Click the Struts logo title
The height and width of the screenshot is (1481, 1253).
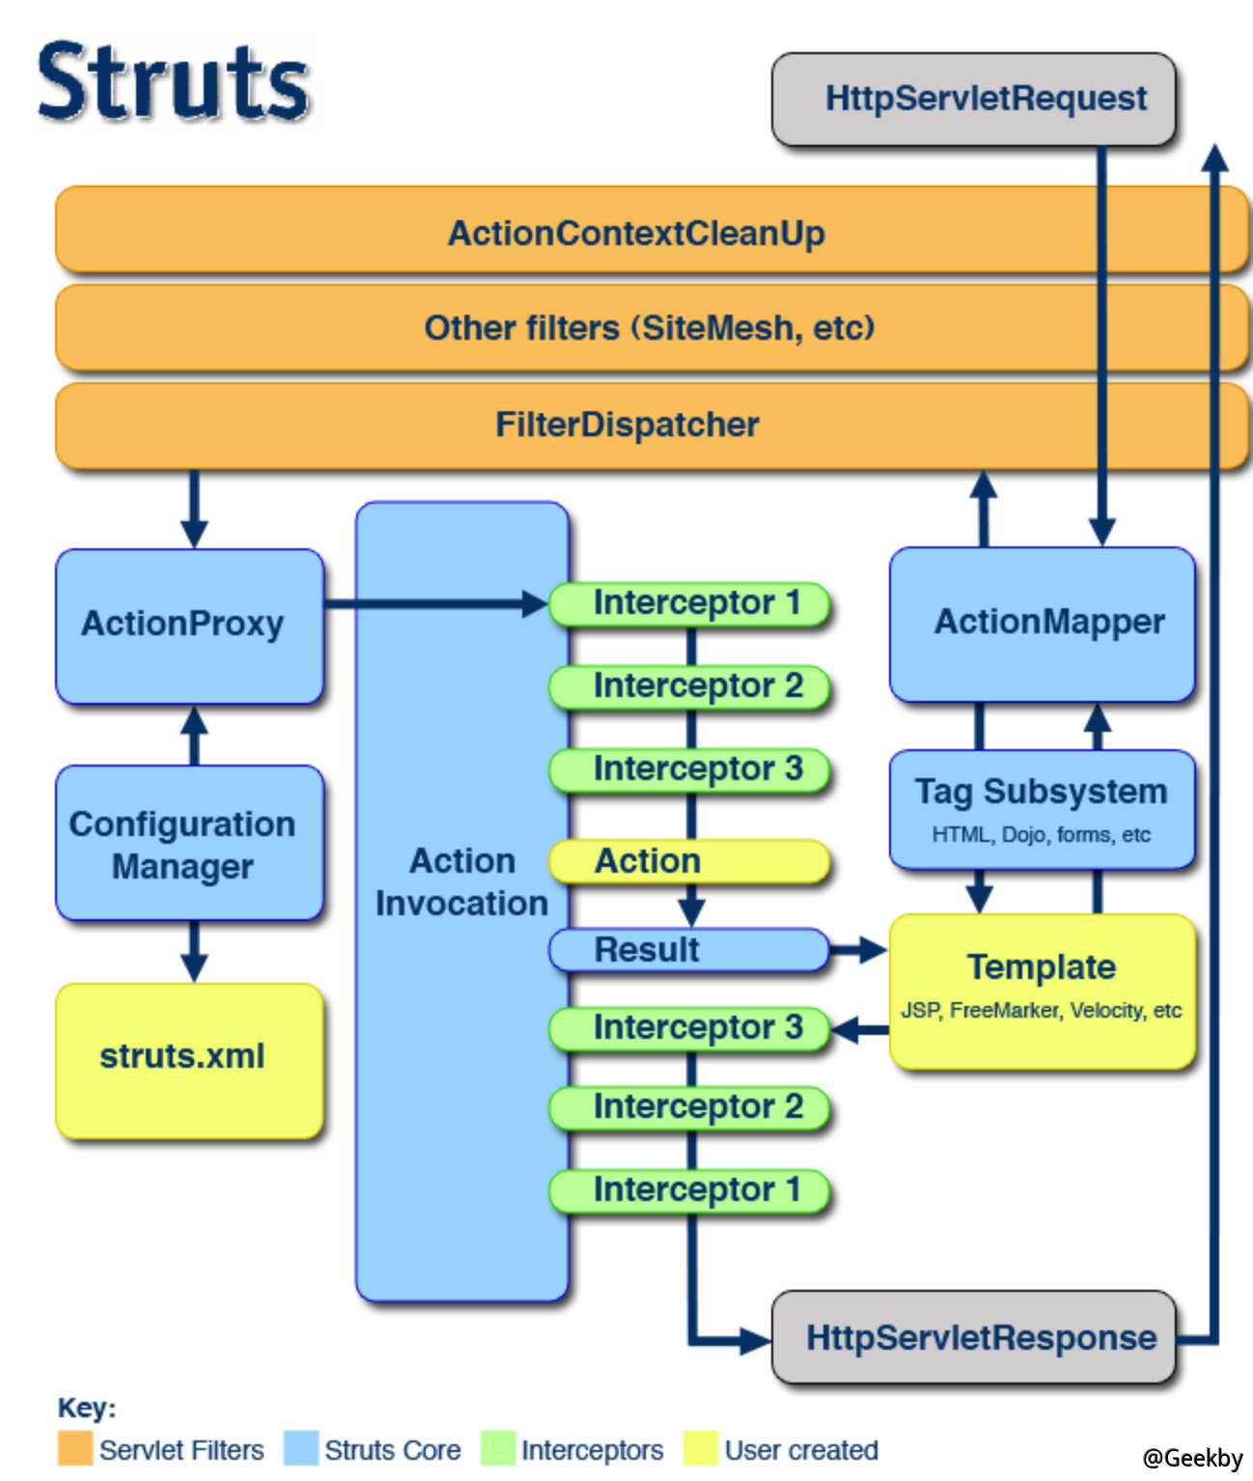pyautogui.click(x=174, y=81)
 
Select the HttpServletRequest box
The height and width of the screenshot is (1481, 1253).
pyautogui.click(x=973, y=98)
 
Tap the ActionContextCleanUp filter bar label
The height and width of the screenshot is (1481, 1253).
pyautogui.click(x=636, y=234)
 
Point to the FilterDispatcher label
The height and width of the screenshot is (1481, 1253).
pyautogui.click(x=627, y=425)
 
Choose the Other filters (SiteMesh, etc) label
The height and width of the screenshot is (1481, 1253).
pyautogui.click(x=649, y=328)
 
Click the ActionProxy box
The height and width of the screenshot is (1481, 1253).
pyautogui.click(x=189, y=625)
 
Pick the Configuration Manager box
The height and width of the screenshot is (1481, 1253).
pyautogui.click(x=189, y=844)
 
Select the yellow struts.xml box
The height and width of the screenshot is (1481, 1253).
pyautogui.click(x=189, y=1059)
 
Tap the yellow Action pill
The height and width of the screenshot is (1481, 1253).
pyautogui.click(x=689, y=861)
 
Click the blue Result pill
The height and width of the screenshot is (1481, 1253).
pyautogui.click(x=689, y=950)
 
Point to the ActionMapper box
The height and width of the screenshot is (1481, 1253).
pyautogui.click(x=1042, y=624)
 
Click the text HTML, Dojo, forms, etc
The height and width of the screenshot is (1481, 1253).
pyautogui.click(x=1041, y=835)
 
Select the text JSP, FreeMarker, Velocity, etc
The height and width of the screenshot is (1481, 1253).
pyautogui.click(x=1041, y=1011)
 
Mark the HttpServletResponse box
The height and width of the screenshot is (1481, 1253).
pyautogui.click(x=973, y=1338)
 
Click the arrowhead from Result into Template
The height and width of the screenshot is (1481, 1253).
pyautogui.click(x=872, y=950)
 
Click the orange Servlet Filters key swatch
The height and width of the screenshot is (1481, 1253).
pyautogui.click(x=75, y=1448)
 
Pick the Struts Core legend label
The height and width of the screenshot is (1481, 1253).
pyautogui.click(x=392, y=1450)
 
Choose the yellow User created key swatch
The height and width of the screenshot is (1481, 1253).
pyautogui.click(x=700, y=1448)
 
